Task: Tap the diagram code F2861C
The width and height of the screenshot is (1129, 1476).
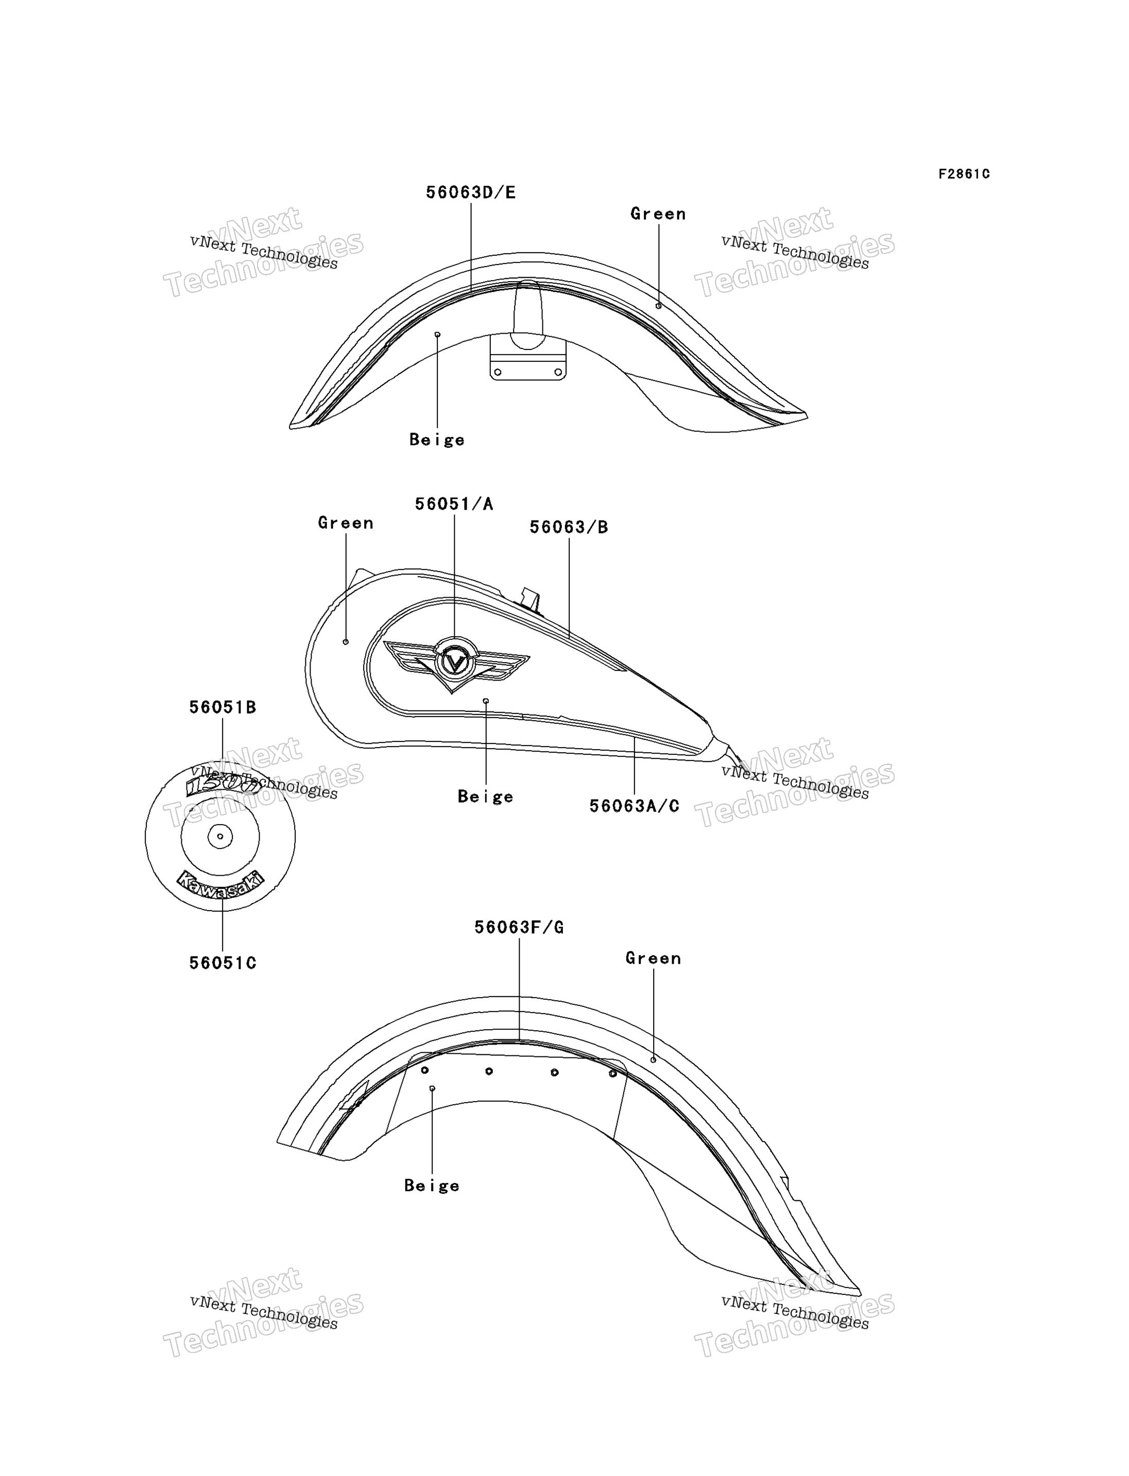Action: click(964, 174)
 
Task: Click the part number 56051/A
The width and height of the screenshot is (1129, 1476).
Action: click(454, 504)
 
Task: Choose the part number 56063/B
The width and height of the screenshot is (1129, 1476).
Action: click(569, 527)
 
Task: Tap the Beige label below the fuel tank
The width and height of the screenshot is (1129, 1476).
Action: click(485, 797)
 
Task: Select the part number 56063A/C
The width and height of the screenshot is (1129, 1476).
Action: click(635, 806)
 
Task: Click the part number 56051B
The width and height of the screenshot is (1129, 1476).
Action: click(223, 707)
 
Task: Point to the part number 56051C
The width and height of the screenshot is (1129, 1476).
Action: click(223, 963)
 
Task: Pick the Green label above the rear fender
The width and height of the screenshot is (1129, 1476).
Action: click(653, 958)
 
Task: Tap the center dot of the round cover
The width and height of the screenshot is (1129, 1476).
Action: click(220, 837)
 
